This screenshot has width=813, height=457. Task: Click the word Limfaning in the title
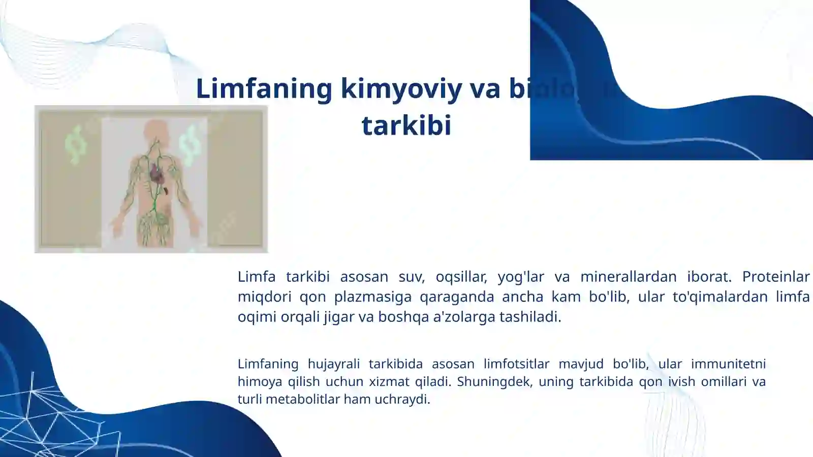[264, 88]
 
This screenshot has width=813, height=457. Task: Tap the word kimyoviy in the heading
[401, 88]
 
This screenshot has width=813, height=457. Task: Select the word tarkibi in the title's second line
[406, 125]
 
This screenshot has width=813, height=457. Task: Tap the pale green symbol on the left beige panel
[75, 145]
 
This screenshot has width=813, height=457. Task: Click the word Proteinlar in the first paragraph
[775, 277]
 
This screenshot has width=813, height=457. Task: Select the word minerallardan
[628, 277]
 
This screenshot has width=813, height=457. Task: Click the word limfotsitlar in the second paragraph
[516, 364]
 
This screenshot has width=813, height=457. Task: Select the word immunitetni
[728, 364]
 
